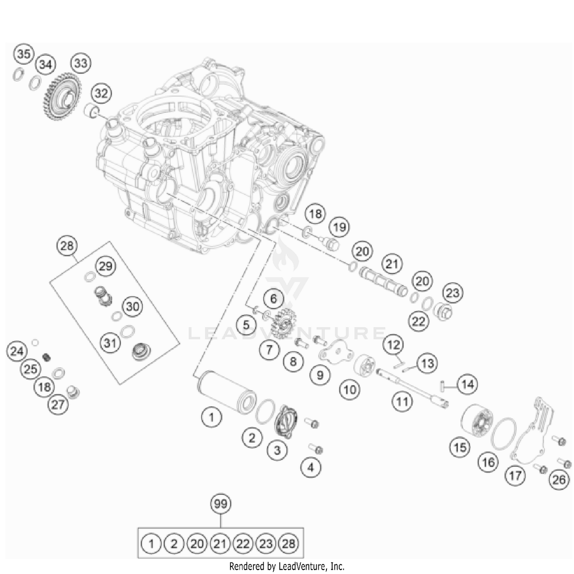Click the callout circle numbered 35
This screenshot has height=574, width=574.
pos(24,54)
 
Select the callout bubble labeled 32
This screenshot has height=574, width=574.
pos(101,93)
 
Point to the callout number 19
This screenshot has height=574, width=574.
pos(339,227)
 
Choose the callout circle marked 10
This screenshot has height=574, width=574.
pos(350,390)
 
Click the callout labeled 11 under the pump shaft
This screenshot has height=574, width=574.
pos(402,402)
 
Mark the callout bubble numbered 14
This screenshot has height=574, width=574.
pos(468,384)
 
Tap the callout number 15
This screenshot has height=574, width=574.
pos(460,447)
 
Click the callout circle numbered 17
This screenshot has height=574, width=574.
pos(515,476)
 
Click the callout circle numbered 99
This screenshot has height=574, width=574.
pos(221,504)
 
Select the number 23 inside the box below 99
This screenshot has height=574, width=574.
pos(266,544)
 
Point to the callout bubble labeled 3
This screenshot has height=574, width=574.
pos(277,450)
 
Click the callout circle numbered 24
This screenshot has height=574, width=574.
pos(17,351)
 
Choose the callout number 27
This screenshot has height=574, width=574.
pos(58,404)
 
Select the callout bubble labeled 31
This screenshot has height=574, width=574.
pos(110,342)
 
